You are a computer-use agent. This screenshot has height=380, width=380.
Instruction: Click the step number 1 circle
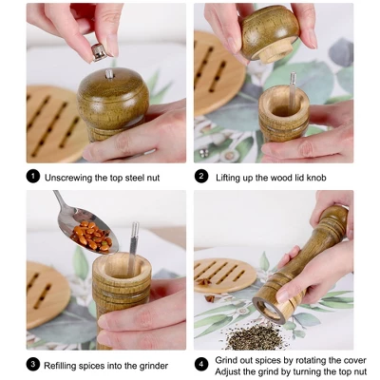pyautogui.click(x=33, y=176)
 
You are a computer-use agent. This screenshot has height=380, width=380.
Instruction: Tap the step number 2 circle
pyautogui.click(x=202, y=176)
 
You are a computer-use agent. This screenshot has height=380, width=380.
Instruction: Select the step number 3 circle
pyautogui.click(x=33, y=365)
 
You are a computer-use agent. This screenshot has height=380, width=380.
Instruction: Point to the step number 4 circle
pyautogui.click(x=202, y=365)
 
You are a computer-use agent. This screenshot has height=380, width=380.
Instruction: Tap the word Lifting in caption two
pyautogui.click(x=234, y=177)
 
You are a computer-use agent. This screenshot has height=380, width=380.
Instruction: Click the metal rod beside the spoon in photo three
pyautogui.click(x=134, y=239)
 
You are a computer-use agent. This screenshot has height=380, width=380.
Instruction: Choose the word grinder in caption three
pyautogui.click(x=152, y=365)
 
